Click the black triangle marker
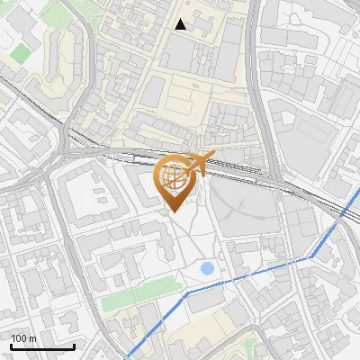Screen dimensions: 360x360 point(181,24)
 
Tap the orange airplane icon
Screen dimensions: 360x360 point(194,164)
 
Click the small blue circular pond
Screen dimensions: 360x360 point(208,267)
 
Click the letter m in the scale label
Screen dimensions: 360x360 point(33,338)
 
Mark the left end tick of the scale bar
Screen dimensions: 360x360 point(10,346)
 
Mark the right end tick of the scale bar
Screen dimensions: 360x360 point(74,346)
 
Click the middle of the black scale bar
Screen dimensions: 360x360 point(42,346)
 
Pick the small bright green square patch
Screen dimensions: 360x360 point(20,53)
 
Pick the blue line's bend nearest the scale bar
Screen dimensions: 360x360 point(186,292)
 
